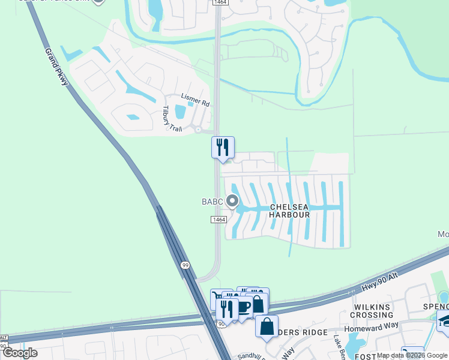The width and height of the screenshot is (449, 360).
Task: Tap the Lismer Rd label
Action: coord(196,100)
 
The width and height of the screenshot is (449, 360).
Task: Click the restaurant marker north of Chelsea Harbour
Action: coord(223,148)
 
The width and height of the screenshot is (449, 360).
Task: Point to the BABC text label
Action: coord(211,201)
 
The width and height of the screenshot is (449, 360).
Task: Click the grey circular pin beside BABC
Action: coord(232,201)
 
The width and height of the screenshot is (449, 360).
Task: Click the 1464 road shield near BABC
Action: coord(218,220)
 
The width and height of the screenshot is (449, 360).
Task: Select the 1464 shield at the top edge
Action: coord(219,3)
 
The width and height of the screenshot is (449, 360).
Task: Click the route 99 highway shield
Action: coord(184,264)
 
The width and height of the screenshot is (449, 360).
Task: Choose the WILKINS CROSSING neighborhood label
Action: coord(372,311)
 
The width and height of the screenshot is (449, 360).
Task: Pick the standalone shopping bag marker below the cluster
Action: coord(267,327)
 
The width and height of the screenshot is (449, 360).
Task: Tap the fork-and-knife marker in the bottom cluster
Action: coord(227,309)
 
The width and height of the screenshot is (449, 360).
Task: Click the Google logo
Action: coord(20,352)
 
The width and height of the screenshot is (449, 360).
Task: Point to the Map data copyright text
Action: coord(412,355)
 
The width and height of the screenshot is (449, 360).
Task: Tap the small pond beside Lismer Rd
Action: coord(180,112)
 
